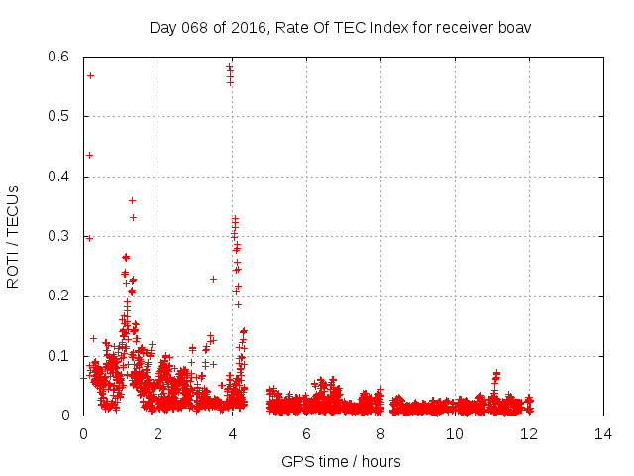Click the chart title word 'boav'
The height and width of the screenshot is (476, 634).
(x=515, y=27)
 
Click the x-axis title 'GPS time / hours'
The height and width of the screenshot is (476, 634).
(x=341, y=461)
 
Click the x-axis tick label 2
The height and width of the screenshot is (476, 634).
(x=158, y=434)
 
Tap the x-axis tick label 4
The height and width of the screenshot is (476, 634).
(x=232, y=434)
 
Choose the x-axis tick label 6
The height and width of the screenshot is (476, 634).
(x=306, y=434)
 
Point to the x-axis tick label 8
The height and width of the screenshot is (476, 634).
(x=380, y=434)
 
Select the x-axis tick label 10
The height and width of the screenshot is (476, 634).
(x=455, y=434)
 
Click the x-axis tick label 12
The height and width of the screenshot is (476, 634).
(x=529, y=434)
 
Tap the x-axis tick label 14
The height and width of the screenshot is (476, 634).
(x=603, y=434)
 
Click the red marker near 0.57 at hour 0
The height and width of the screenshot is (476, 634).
(x=90, y=75)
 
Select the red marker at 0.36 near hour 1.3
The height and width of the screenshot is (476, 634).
(x=132, y=200)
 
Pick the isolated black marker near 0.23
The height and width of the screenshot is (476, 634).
(x=213, y=279)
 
